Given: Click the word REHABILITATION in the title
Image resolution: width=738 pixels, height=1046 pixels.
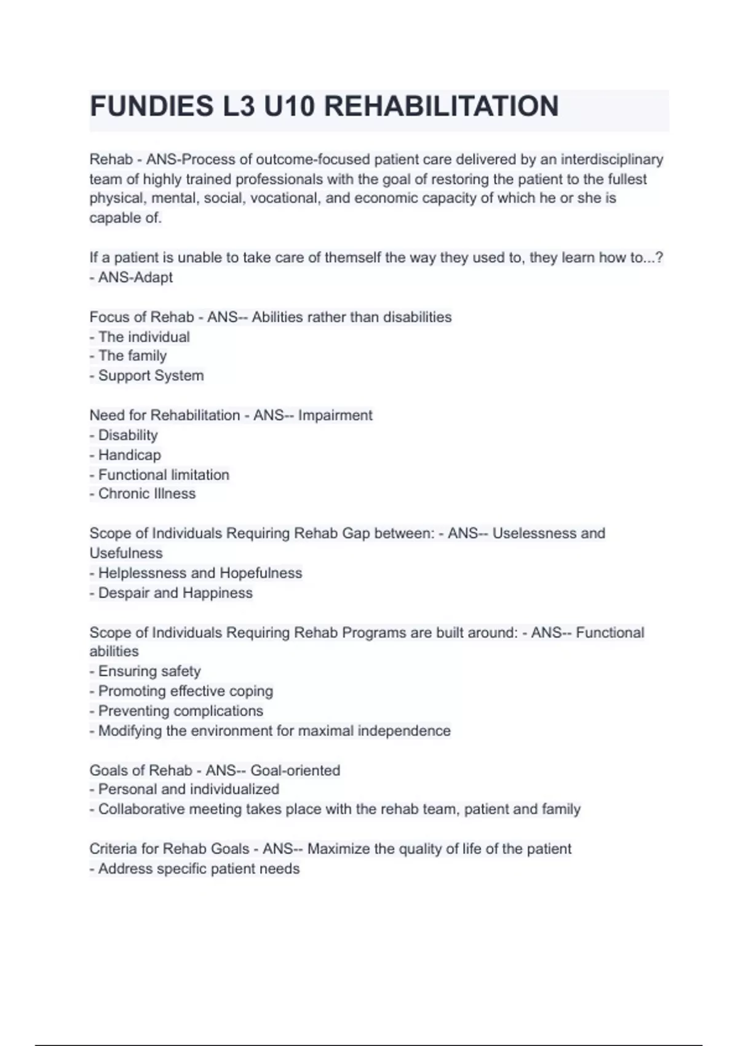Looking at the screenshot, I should tap(441, 106).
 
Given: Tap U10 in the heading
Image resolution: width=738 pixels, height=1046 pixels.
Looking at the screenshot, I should tap(288, 106).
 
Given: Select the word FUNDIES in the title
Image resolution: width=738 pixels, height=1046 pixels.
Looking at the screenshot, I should tap(151, 106).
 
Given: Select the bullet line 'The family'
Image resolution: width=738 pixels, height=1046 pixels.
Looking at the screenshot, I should tap(132, 356).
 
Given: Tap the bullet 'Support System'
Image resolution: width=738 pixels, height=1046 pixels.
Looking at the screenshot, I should tap(151, 375).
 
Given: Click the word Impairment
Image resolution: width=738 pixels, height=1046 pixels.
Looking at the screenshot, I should tap(335, 415).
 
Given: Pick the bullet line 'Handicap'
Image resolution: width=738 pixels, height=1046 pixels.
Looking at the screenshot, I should tap(129, 455).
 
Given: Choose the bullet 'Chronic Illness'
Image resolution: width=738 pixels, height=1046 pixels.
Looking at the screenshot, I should tap(146, 493).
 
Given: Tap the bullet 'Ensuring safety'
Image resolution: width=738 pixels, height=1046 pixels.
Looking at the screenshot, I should tap(149, 671).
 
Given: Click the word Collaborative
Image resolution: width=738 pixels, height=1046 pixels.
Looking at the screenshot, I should tap(141, 809).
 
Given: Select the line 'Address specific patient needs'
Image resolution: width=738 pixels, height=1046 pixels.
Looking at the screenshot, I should tap(199, 869).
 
